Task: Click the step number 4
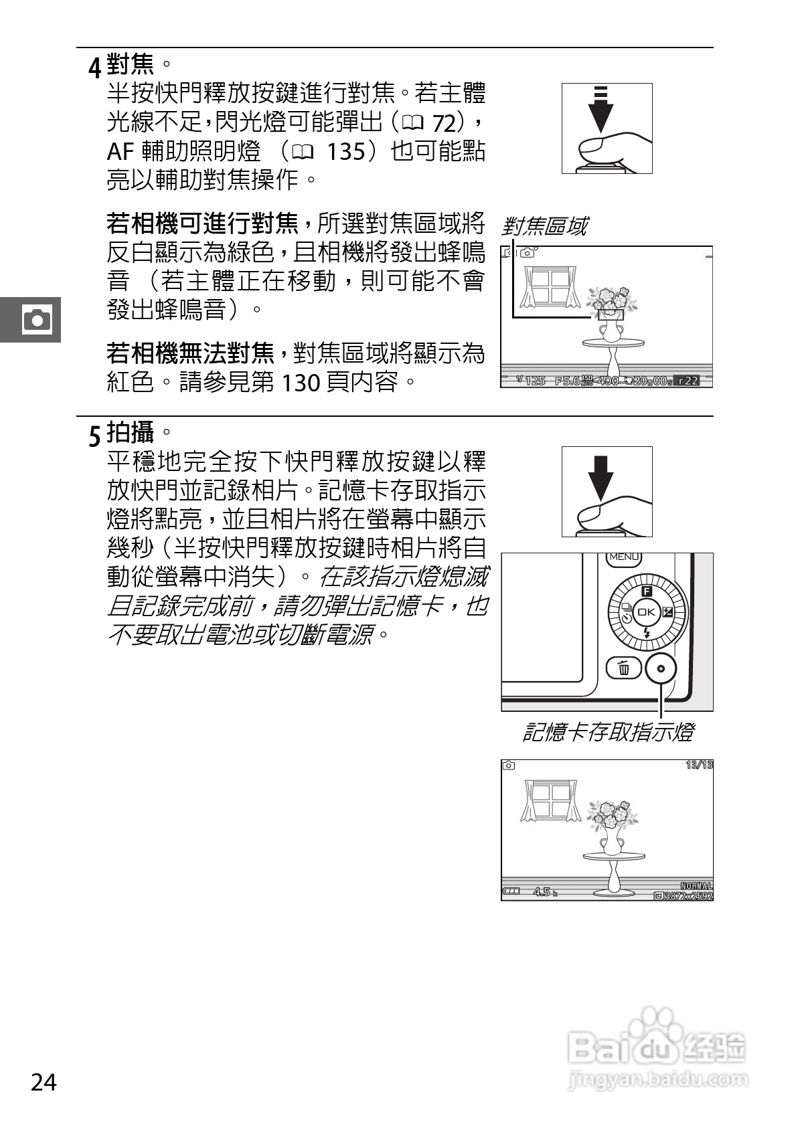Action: (x=96, y=67)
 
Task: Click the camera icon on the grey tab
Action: (x=37, y=319)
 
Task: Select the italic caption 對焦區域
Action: (x=544, y=226)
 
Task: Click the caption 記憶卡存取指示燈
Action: (x=607, y=733)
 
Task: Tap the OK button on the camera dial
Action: (x=647, y=612)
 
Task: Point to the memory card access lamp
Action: (x=661, y=668)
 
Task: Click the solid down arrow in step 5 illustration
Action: (x=601, y=476)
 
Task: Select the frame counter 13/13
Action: (x=699, y=765)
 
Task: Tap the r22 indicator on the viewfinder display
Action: (x=688, y=381)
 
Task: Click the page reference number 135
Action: (x=346, y=152)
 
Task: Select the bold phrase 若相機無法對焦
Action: (x=191, y=353)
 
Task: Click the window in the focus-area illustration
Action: (x=550, y=286)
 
